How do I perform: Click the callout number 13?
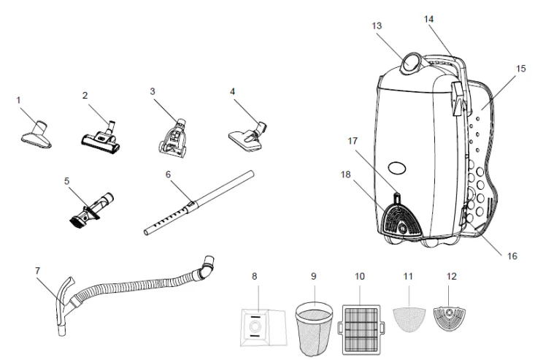tap(377, 26)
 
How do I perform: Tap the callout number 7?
tap(38, 271)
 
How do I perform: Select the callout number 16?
tap(512, 256)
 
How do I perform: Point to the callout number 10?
tap(359, 276)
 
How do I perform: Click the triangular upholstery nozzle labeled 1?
tap(36, 134)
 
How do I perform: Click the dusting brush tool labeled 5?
tap(91, 210)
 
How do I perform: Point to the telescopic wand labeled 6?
tap(199, 203)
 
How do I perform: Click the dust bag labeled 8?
tap(263, 327)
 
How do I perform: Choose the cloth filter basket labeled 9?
tap(315, 329)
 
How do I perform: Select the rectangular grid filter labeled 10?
tap(361, 329)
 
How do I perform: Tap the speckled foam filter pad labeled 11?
tap(409, 319)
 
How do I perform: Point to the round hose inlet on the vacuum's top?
tap(410, 64)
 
